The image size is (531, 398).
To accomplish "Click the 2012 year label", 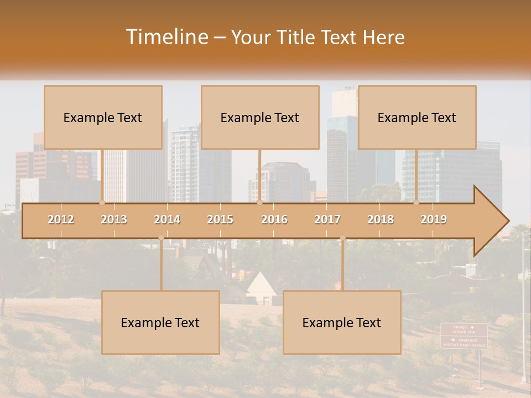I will click(61, 219).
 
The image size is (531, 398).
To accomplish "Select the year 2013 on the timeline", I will click(114, 219).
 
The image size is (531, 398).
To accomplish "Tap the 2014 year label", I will click(167, 219).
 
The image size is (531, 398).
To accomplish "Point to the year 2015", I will click(220, 219).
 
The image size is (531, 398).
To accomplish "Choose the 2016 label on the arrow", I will click(274, 219).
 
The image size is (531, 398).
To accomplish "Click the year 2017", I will click(327, 219).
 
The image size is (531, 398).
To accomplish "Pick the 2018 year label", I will click(381, 219).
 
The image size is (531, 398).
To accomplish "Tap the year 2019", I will click(434, 219).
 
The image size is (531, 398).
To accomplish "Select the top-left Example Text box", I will click(103, 118).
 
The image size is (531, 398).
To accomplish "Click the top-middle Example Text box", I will click(260, 118).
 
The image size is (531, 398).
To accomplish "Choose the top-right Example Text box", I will click(417, 118).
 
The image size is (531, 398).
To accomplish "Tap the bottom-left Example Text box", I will click(160, 323).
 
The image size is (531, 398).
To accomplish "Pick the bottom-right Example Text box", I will click(342, 323).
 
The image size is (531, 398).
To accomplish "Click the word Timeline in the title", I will click(166, 37).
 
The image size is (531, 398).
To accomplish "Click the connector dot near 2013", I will click(102, 202).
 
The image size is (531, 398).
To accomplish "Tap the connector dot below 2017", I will click(342, 238).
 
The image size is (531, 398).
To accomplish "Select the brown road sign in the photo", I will click(464, 336).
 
